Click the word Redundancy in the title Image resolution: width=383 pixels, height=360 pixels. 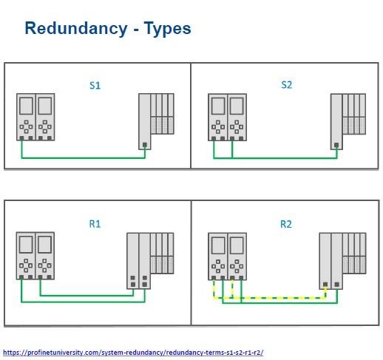[x=76, y=29]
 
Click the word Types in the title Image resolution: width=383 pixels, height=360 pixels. [x=167, y=29]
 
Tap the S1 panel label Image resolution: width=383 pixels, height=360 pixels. [x=95, y=86]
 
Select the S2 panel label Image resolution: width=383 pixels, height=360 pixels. [x=287, y=85]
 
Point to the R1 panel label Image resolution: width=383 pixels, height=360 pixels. [x=95, y=224]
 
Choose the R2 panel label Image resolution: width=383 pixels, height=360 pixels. [x=286, y=224]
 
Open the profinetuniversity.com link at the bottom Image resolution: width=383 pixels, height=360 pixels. [x=133, y=353]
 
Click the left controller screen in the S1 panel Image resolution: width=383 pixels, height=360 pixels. [x=26, y=106]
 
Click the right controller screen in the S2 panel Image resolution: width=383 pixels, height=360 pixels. [x=237, y=106]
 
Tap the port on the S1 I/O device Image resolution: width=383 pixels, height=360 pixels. [x=145, y=145]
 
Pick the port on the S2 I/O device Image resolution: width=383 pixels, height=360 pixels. [x=336, y=145]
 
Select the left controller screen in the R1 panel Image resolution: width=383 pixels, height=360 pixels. [x=26, y=245]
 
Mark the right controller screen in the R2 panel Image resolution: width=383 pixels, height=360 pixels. [x=237, y=245]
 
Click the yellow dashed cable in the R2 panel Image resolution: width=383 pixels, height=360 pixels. [x=271, y=298]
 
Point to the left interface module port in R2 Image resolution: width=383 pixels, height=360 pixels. [x=325, y=285]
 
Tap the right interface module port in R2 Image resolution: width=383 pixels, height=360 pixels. [x=337, y=285]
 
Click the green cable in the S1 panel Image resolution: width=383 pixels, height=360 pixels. [x=84, y=157]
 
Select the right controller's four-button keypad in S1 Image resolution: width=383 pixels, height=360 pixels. [x=45, y=126]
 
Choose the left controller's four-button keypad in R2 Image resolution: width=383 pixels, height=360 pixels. [x=218, y=266]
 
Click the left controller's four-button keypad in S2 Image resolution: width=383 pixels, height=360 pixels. [x=218, y=127]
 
